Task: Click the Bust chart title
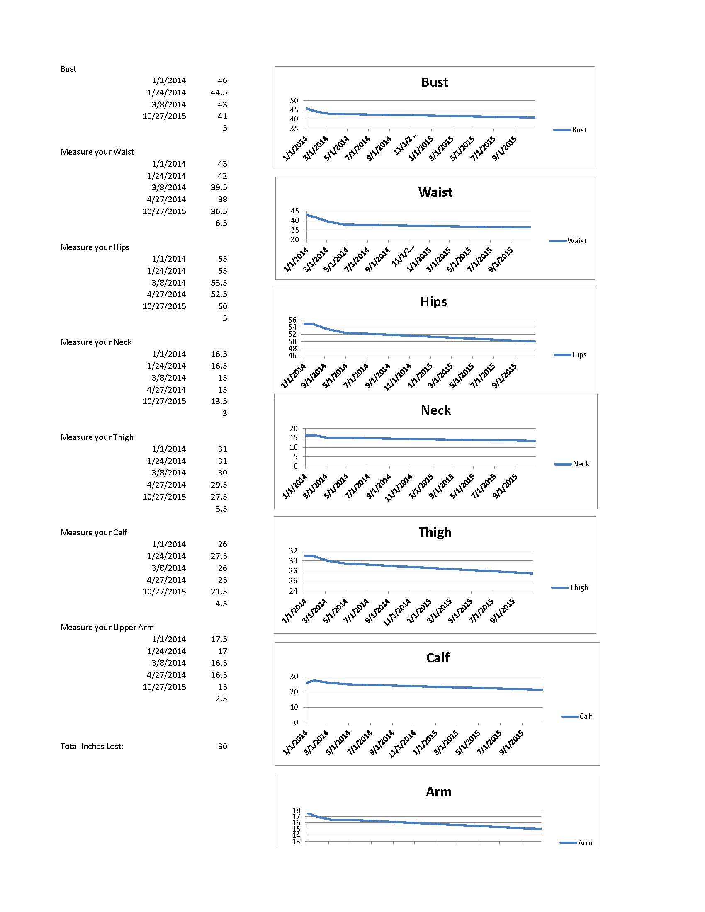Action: [434, 82]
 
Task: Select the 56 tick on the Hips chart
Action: [292, 320]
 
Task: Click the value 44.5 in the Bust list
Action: [219, 92]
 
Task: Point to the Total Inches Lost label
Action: [92, 746]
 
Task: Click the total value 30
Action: [222, 746]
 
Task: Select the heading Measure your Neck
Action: [96, 342]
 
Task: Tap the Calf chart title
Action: [437, 658]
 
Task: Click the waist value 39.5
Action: [219, 187]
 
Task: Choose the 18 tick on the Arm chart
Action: [296, 810]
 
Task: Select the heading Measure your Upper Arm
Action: [107, 627]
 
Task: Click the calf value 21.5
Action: [219, 592]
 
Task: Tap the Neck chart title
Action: [435, 410]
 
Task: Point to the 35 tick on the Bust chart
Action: [294, 129]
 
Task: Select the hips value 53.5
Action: [219, 283]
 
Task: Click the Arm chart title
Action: [438, 792]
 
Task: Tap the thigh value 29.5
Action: [219, 485]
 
